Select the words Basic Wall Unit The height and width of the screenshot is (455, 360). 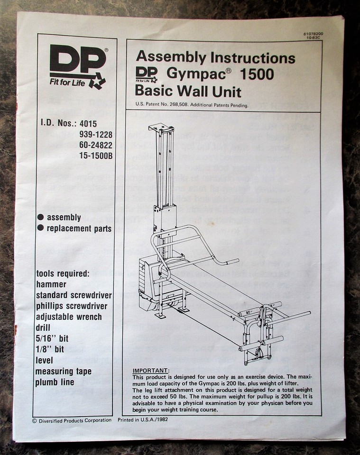click(188, 91)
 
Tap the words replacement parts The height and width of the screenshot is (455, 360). click(79, 228)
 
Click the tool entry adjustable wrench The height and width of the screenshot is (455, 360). click(69, 317)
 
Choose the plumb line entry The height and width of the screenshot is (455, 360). click(55, 382)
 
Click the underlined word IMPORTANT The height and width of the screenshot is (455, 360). click(151, 370)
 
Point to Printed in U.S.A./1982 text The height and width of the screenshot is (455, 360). click(143, 420)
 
